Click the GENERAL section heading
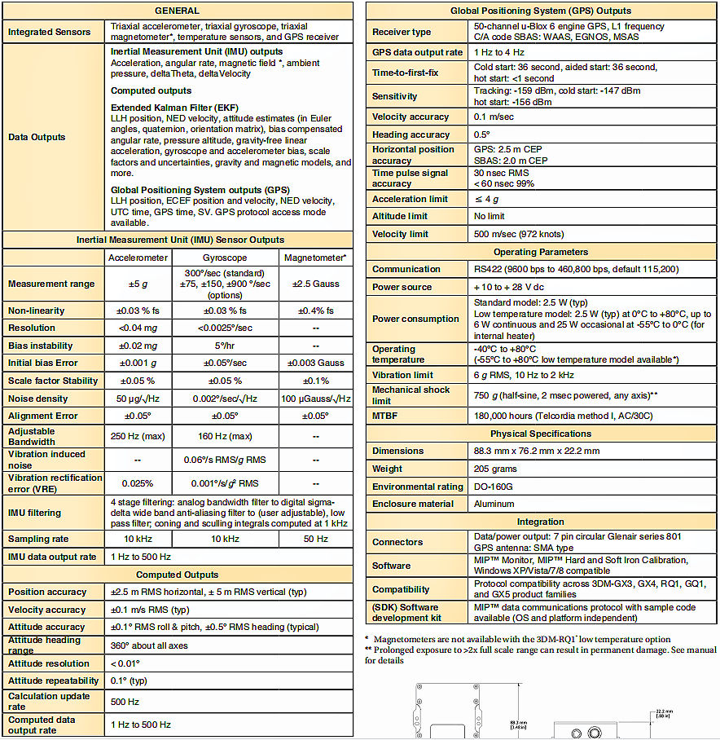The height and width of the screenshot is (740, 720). tap(177, 11)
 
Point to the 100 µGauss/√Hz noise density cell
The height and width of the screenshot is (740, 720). tap(315, 399)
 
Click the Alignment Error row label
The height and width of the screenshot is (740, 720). tap(42, 416)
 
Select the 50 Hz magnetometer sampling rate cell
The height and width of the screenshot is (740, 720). tap(315, 539)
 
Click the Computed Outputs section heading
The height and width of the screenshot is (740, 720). tap(177, 575)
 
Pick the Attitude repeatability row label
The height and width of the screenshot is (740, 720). tap(53, 681)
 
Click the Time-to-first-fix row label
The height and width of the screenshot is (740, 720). tap(405, 73)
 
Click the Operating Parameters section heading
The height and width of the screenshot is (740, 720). tap(540, 252)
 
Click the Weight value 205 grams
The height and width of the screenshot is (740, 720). tap(496, 469)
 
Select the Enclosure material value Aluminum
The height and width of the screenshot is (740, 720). tap(494, 504)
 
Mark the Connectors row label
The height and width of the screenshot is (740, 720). tap(397, 542)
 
